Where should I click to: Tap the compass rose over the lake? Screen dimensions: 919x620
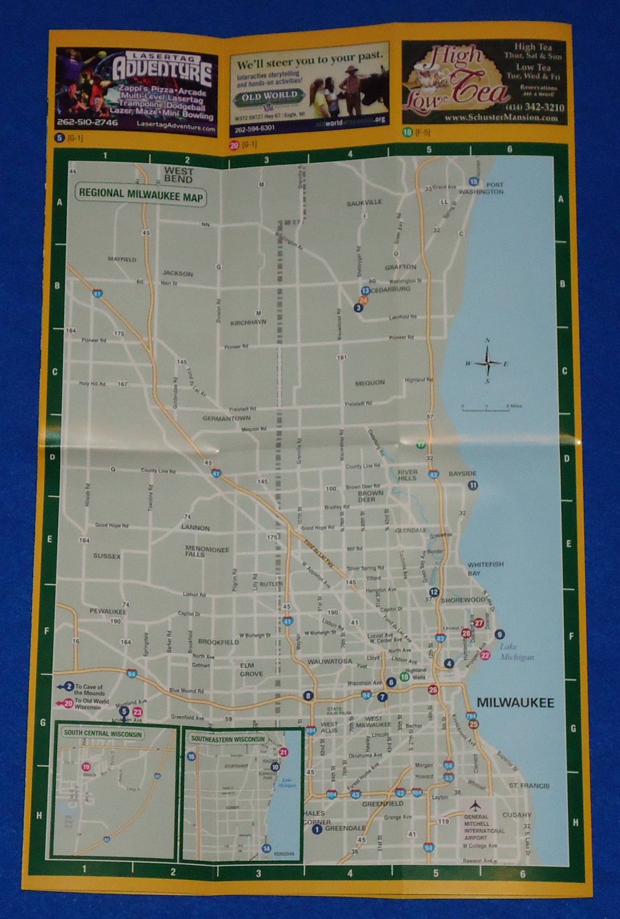point(488,361)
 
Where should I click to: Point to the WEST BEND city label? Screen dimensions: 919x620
point(178,175)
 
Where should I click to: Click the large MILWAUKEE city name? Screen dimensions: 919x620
point(515,703)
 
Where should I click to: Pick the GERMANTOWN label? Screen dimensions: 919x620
point(226,418)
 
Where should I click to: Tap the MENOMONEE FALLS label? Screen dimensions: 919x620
point(207,551)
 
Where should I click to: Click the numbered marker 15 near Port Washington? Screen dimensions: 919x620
point(473,181)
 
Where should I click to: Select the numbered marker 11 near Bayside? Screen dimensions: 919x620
point(473,485)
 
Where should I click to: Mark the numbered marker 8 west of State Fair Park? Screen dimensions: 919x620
point(308,696)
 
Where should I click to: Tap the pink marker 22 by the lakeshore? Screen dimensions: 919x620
point(485,656)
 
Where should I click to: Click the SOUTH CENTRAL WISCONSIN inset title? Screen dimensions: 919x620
point(103,734)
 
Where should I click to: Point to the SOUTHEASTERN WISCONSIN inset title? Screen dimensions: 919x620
point(228,739)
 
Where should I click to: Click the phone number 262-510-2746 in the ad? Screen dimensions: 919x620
point(88,123)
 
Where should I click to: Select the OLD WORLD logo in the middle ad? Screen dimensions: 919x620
point(270,96)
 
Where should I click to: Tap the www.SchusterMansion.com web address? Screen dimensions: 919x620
point(500,118)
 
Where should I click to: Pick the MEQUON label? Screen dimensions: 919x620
point(370,383)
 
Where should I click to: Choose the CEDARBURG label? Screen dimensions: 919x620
point(391,289)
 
